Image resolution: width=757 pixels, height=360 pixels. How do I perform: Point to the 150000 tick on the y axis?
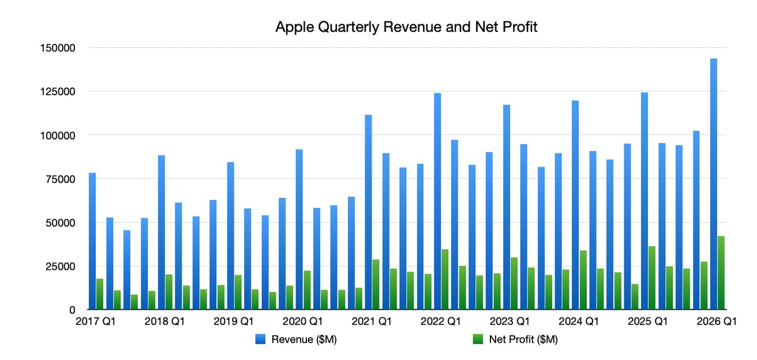tap(58, 48)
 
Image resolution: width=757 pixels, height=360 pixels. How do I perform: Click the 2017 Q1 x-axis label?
tap(96, 321)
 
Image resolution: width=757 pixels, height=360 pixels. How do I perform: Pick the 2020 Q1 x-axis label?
tap(303, 321)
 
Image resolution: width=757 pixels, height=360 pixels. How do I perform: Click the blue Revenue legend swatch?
tap(260, 340)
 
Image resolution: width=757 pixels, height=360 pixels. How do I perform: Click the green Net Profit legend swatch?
tap(477, 340)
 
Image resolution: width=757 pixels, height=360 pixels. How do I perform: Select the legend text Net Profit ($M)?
tap(523, 340)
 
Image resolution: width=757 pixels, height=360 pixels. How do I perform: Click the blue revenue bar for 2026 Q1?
tap(714, 185)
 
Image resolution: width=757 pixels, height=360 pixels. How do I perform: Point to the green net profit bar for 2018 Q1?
tap(168, 292)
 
